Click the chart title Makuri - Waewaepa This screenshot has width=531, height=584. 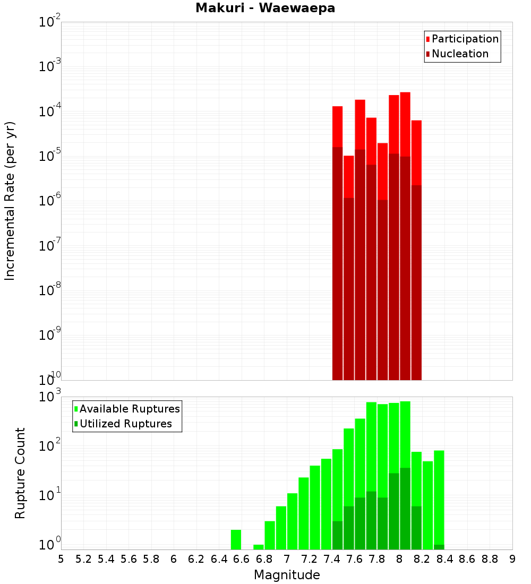point(265,8)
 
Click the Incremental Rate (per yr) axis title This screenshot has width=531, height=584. point(10,201)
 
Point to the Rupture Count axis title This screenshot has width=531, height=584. point(20,473)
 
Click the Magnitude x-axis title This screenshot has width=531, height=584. point(287,575)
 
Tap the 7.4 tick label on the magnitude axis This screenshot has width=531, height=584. point(332,559)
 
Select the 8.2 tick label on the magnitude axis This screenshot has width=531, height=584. point(422,559)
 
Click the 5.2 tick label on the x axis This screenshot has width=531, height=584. point(83,559)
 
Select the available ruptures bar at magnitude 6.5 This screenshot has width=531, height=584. point(236,539)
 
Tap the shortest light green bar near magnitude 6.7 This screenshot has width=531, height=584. point(259,547)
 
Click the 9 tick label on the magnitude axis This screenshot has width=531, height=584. point(512,559)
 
